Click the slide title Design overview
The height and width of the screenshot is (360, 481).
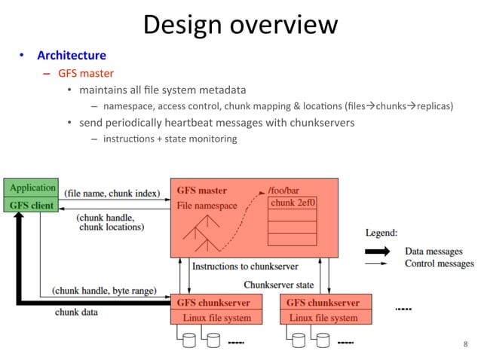coord(240,24)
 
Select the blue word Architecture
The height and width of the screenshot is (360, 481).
coord(72,56)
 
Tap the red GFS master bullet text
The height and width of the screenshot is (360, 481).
coord(86,74)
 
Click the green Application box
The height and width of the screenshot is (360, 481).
coord(32,188)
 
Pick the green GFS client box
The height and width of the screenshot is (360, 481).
coord(32,204)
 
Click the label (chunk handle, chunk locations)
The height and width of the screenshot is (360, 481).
coord(111,222)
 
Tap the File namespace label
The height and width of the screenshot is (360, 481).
coord(207,205)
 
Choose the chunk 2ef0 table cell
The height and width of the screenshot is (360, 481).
coord(293,203)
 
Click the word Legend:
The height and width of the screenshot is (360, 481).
coord(382,233)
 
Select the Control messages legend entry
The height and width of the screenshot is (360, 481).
coord(440,264)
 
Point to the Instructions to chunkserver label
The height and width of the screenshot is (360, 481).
coord(245,266)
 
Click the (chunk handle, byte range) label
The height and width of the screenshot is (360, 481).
coord(104,289)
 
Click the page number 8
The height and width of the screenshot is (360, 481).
coord(465,344)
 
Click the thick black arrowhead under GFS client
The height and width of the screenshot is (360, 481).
coord(15,221)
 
